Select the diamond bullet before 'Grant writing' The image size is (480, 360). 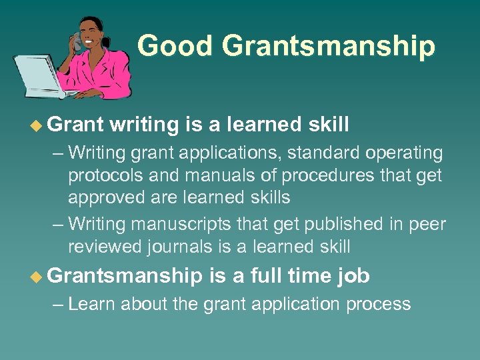pos(38,124)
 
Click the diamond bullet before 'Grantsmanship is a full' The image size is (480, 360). pos(38,275)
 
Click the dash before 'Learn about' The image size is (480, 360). pos(58,304)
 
